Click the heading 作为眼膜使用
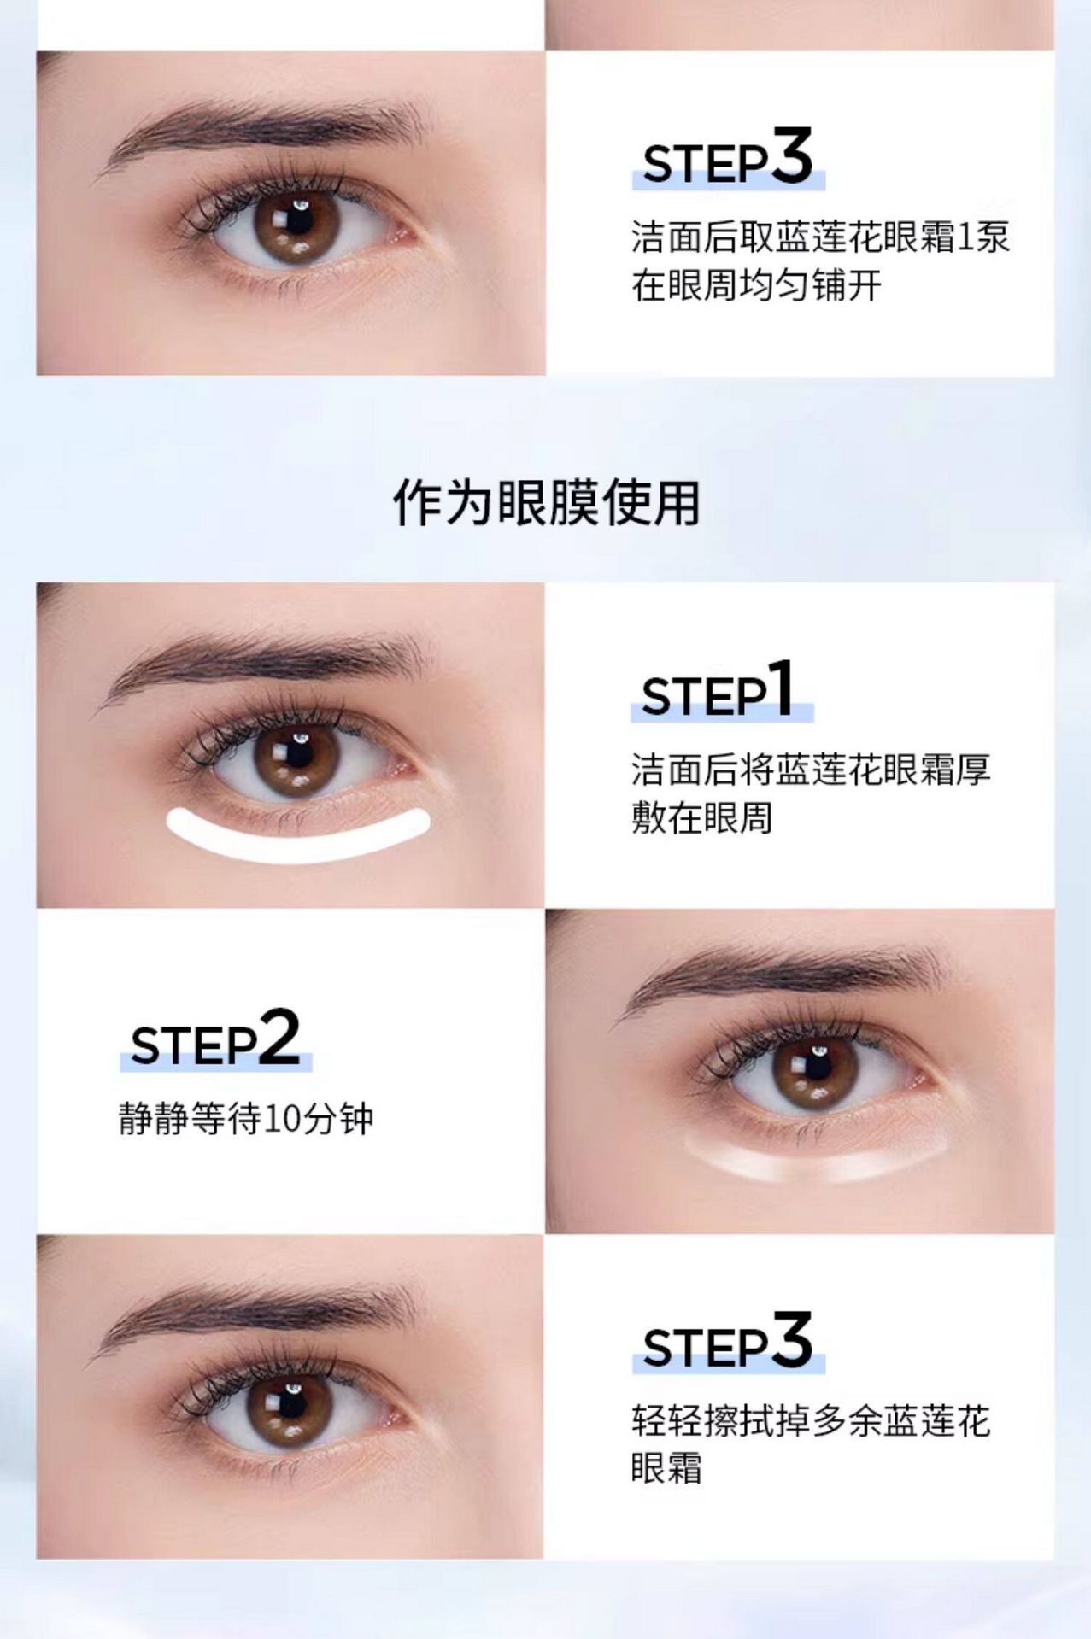click(x=547, y=502)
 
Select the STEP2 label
click(x=215, y=1038)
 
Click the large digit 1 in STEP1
click(x=781, y=688)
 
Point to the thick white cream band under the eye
click(x=297, y=833)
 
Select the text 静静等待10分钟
click(x=246, y=1118)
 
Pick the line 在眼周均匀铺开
click(x=756, y=285)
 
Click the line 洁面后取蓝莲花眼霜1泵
click(x=820, y=237)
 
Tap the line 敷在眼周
click(x=702, y=817)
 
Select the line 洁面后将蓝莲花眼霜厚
click(x=811, y=770)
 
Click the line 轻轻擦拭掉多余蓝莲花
click(x=811, y=1420)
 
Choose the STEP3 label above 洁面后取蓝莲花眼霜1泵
click(x=727, y=157)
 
